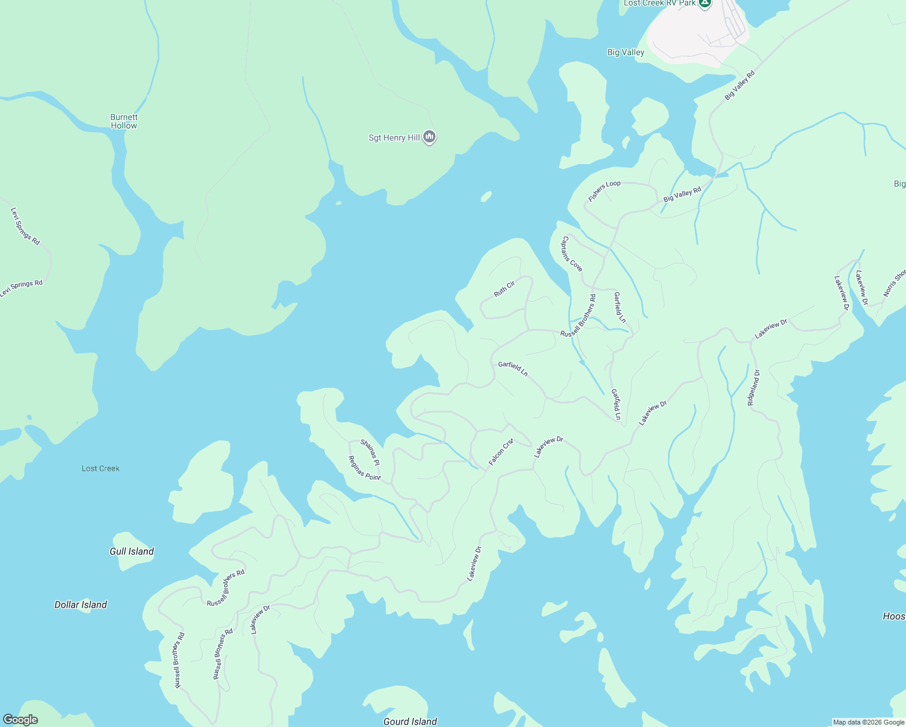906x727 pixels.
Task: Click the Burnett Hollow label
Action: click(x=124, y=121)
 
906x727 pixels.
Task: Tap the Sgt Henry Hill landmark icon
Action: click(x=429, y=138)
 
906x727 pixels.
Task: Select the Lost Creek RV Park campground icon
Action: click(x=704, y=4)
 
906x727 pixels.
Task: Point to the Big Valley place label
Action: click(x=626, y=53)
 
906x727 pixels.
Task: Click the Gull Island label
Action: click(x=131, y=551)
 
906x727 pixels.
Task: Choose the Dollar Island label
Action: click(x=81, y=605)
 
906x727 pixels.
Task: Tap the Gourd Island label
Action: click(x=410, y=721)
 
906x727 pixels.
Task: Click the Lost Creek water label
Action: click(x=101, y=468)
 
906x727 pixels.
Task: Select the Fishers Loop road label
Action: click(x=604, y=191)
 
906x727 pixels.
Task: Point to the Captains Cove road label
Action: click(x=572, y=254)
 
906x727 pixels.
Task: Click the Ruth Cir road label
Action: click(x=504, y=288)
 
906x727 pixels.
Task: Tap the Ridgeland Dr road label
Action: click(x=753, y=388)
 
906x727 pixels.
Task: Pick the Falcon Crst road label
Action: click(x=501, y=452)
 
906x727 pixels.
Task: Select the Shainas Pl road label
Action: click(x=370, y=452)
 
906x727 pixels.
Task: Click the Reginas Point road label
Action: click(x=365, y=468)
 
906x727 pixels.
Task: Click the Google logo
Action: click(x=21, y=720)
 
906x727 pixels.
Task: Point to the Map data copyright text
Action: click(x=868, y=722)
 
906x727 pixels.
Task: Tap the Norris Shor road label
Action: click(x=894, y=282)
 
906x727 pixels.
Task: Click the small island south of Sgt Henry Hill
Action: click(x=486, y=196)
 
